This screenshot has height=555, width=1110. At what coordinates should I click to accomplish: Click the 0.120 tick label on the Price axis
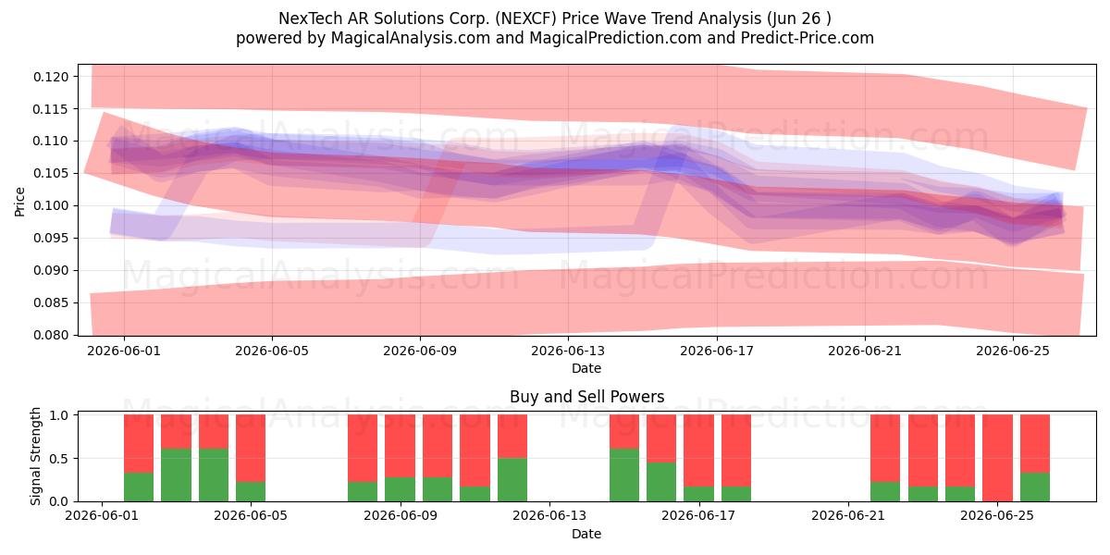[51, 77]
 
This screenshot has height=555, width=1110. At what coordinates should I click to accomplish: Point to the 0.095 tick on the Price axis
[51, 239]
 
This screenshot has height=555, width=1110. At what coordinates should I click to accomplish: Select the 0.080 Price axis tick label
[51, 335]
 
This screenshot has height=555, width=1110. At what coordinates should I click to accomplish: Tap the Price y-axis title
[19, 202]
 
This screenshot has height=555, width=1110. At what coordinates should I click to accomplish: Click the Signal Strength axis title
[35, 456]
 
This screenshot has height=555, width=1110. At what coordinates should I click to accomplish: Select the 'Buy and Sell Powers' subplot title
[586, 397]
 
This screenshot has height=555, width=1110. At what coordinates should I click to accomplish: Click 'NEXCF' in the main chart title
[525, 18]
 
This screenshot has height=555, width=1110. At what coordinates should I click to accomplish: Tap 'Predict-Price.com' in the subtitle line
[808, 38]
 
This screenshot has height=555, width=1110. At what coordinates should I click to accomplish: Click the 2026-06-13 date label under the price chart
[568, 351]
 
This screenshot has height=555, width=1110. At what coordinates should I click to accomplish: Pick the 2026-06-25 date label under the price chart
[1013, 351]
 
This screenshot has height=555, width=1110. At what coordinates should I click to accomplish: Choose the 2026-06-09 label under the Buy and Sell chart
[401, 516]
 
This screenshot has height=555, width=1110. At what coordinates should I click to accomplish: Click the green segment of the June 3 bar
[177, 475]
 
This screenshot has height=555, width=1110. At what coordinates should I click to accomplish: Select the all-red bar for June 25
[997, 458]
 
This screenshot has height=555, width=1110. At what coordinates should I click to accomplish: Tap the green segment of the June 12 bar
[512, 480]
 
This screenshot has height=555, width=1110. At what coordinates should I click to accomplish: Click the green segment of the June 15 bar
[624, 475]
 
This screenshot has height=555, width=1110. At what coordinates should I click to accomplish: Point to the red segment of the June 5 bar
[251, 448]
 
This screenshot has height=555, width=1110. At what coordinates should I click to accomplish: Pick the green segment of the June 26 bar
[1035, 487]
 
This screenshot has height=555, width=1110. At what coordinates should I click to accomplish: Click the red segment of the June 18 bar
[736, 450]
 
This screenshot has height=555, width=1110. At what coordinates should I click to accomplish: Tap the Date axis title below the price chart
[586, 368]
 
